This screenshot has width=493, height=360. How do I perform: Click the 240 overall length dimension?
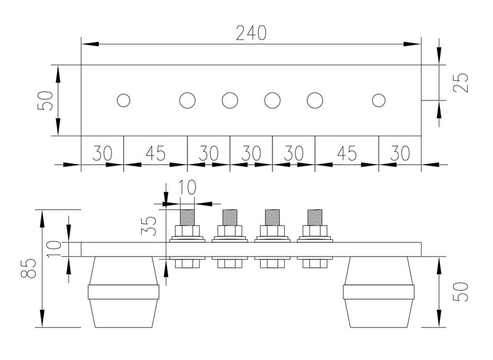point(251,33)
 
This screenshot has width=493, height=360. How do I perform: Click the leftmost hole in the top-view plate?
point(123,100)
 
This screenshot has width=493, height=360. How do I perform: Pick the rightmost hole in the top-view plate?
point(379,100)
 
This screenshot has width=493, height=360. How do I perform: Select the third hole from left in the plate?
point(230,100)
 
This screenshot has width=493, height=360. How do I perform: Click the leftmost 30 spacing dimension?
point(102,152)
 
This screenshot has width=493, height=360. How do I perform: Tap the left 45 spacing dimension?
point(155,152)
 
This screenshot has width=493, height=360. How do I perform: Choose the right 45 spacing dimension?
point(346,152)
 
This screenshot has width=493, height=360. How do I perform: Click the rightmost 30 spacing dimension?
point(400,152)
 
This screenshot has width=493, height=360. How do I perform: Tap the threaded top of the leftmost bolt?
point(187,217)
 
